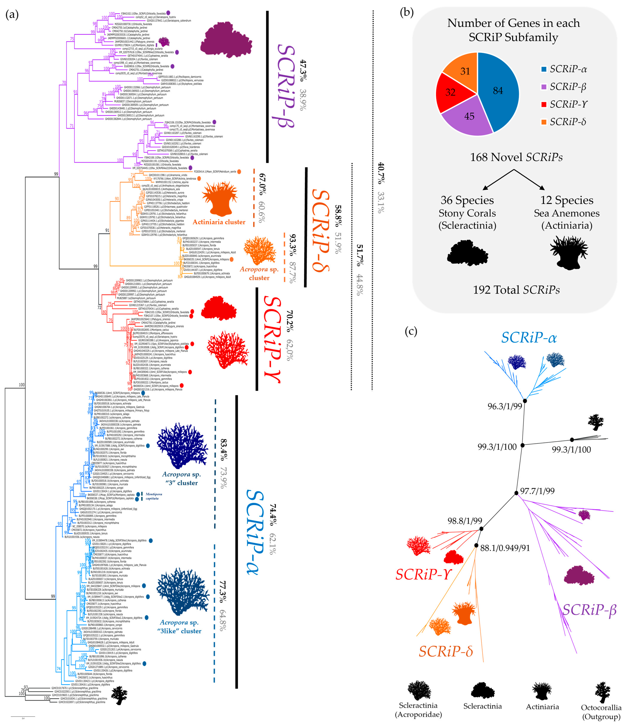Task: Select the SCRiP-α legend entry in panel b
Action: pyautogui.click(x=564, y=69)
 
